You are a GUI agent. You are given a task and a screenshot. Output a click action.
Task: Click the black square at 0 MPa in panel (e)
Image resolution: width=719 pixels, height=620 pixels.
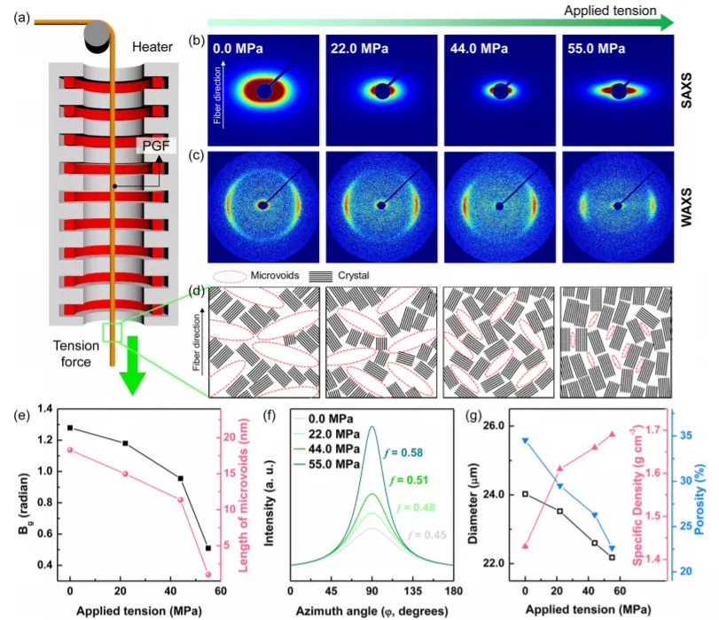click(x=69, y=428)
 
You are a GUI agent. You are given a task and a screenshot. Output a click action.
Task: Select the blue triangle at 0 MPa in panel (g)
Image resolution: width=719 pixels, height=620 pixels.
click(x=526, y=440)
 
